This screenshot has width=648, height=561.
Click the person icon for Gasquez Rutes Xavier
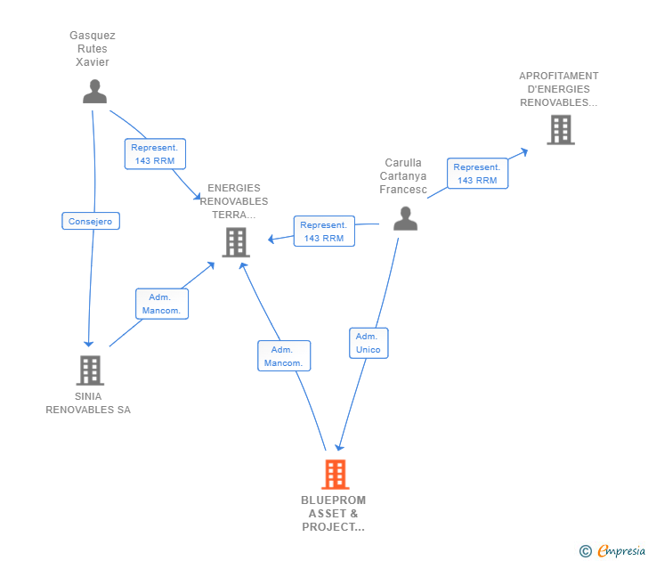[94, 92]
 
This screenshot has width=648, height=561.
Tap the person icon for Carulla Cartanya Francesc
[405, 218]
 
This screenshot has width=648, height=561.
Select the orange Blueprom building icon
[335, 474]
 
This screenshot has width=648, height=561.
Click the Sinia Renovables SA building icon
[89, 370]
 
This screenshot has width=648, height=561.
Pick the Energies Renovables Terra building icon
[236, 241]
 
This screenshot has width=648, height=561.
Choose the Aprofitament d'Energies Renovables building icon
[560, 130]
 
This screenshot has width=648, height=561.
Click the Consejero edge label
[91, 221]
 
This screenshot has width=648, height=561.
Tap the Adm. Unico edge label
[368, 343]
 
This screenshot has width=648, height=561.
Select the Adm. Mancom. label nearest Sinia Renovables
[161, 304]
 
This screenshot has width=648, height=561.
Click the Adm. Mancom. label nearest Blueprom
[284, 356]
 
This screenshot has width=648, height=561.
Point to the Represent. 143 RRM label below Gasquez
[155, 154]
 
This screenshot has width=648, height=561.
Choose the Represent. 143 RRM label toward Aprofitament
[477, 174]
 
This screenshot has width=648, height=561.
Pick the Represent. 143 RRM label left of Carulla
[324, 232]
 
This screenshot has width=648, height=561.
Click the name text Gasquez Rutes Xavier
[93, 49]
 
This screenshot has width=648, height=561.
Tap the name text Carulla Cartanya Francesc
[403, 176]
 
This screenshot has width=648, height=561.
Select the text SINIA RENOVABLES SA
[88, 403]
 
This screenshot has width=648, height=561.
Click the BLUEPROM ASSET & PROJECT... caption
[334, 514]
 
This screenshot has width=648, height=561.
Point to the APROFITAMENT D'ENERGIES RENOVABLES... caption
[559, 89]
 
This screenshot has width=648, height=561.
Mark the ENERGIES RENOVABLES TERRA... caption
[234, 201]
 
